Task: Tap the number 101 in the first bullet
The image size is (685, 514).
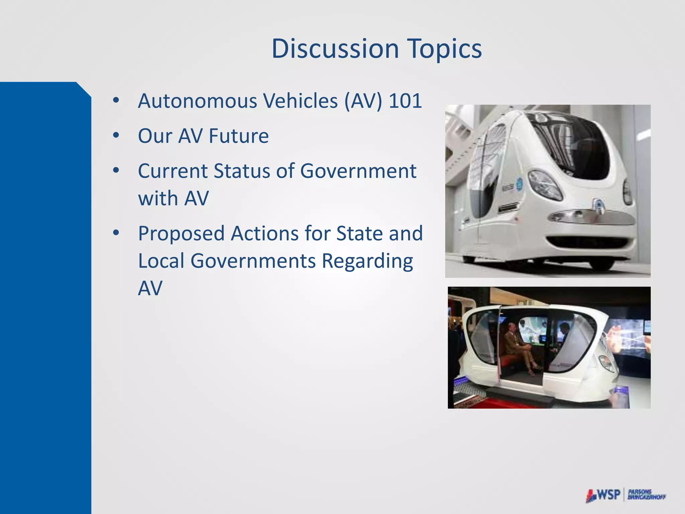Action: [405, 101]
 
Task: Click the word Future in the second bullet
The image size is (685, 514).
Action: [238, 136]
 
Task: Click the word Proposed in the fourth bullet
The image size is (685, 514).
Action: [181, 234]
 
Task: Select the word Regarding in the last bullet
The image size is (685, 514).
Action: [367, 261]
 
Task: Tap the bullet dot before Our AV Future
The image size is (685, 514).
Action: [116, 136]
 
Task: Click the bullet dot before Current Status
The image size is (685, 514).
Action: [116, 171]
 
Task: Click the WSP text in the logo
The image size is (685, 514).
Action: [608, 495]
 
